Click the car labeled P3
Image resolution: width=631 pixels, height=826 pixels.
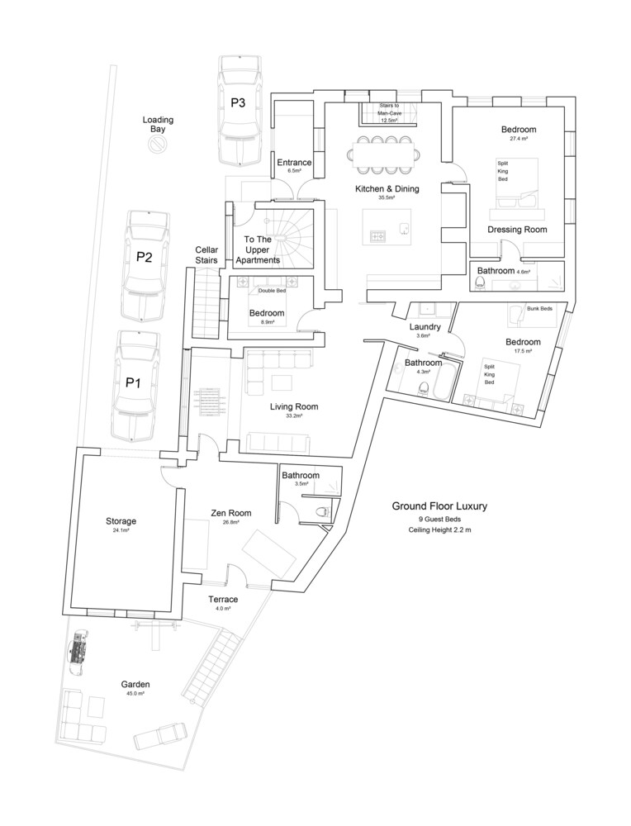(x=240, y=111)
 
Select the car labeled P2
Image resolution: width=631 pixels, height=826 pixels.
(x=146, y=267)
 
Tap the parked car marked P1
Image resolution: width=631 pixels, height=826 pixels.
(x=135, y=386)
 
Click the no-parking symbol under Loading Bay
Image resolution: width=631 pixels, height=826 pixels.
(x=157, y=144)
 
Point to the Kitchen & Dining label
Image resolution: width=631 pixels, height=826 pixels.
(x=387, y=188)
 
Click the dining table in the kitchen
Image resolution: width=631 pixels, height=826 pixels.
(x=384, y=155)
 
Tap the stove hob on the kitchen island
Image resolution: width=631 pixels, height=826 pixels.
(x=378, y=236)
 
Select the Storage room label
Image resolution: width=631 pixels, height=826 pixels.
(x=121, y=521)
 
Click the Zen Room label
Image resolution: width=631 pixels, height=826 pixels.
(x=231, y=513)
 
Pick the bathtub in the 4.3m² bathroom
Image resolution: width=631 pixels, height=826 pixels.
(x=444, y=379)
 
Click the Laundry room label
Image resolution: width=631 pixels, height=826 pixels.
(x=425, y=327)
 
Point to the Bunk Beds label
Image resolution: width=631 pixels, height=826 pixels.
(x=539, y=309)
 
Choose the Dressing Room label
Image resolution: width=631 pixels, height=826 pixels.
(x=517, y=230)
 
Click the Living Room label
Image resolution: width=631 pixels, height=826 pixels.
(x=294, y=406)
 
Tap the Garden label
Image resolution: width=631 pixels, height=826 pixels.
(x=135, y=684)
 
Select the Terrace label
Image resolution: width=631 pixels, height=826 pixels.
(x=223, y=599)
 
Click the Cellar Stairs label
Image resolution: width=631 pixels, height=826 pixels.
(x=206, y=255)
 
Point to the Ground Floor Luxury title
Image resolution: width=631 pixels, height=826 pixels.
(x=439, y=506)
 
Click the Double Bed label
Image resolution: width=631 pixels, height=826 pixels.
(x=272, y=291)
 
